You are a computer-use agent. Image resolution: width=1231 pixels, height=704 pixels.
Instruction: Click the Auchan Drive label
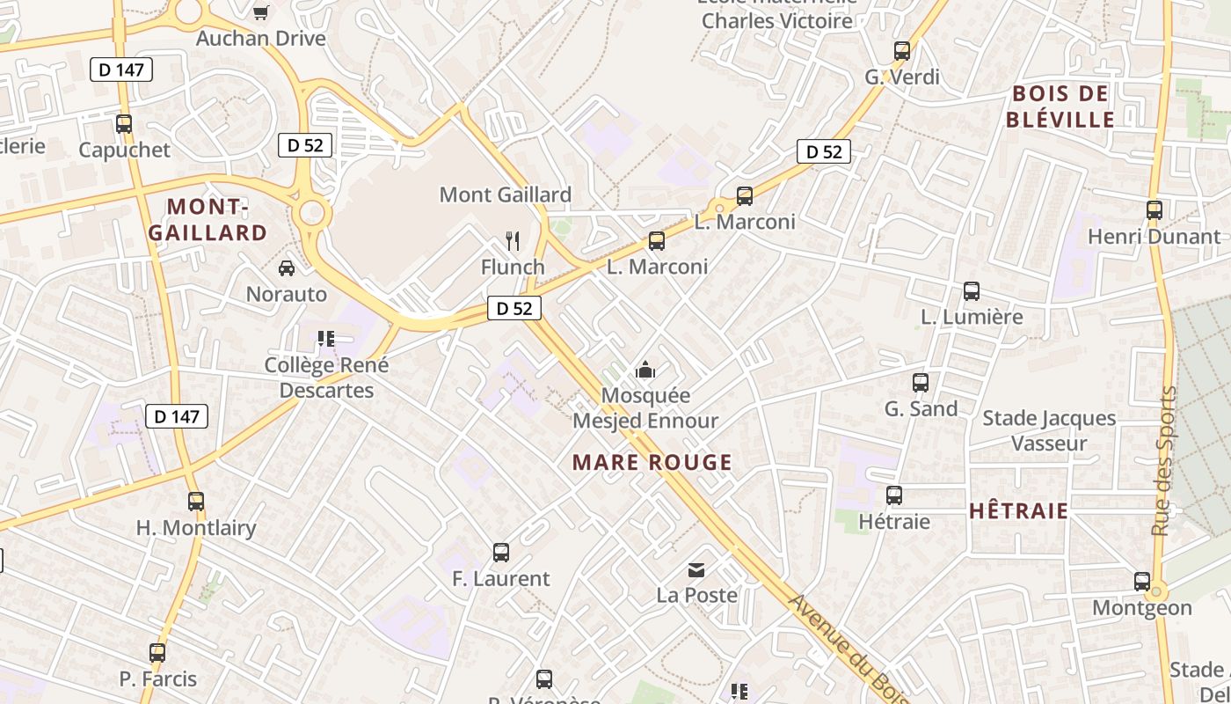tap(260, 39)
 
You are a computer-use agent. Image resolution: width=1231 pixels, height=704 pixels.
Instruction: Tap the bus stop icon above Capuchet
tap(124, 124)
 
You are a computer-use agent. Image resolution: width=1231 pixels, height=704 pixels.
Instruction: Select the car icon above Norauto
tap(287, 268)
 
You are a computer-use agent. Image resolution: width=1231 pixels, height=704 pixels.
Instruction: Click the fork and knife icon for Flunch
tap(513, 240)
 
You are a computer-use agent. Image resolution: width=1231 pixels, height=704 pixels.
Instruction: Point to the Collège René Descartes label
tap(326, 378)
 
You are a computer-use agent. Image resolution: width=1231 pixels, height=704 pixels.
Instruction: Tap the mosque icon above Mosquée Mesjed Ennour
tap(646, 370)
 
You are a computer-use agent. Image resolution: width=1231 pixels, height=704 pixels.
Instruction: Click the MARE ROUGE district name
tap(652, 462)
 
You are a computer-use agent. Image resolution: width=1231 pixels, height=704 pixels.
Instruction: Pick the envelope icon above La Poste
tap(696, 570)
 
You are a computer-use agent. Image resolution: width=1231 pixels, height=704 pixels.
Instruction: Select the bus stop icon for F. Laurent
tap(501, 553)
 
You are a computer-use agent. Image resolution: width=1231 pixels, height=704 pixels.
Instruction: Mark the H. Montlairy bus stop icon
tap(196, 502)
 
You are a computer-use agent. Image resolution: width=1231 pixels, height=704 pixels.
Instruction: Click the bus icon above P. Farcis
tap(157, 653)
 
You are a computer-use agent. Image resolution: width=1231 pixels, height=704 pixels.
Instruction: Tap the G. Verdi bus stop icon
tap(902, 51)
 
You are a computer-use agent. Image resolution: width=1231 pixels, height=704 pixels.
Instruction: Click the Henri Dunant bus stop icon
tap(1155, 210)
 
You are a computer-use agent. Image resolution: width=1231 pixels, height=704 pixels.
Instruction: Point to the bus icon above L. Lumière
tap(972, 291)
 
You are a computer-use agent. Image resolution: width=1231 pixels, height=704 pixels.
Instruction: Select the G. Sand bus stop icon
tap(921, 383)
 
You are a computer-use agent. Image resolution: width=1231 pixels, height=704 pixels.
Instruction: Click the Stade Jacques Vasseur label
tap(1049, 430)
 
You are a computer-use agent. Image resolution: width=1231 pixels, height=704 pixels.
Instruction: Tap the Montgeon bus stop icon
tap(1142, 582)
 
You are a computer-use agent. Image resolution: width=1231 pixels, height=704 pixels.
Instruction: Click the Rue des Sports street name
tap(1163, 461)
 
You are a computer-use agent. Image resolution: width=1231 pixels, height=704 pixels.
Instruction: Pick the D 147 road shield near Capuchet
tap(121, 70)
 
